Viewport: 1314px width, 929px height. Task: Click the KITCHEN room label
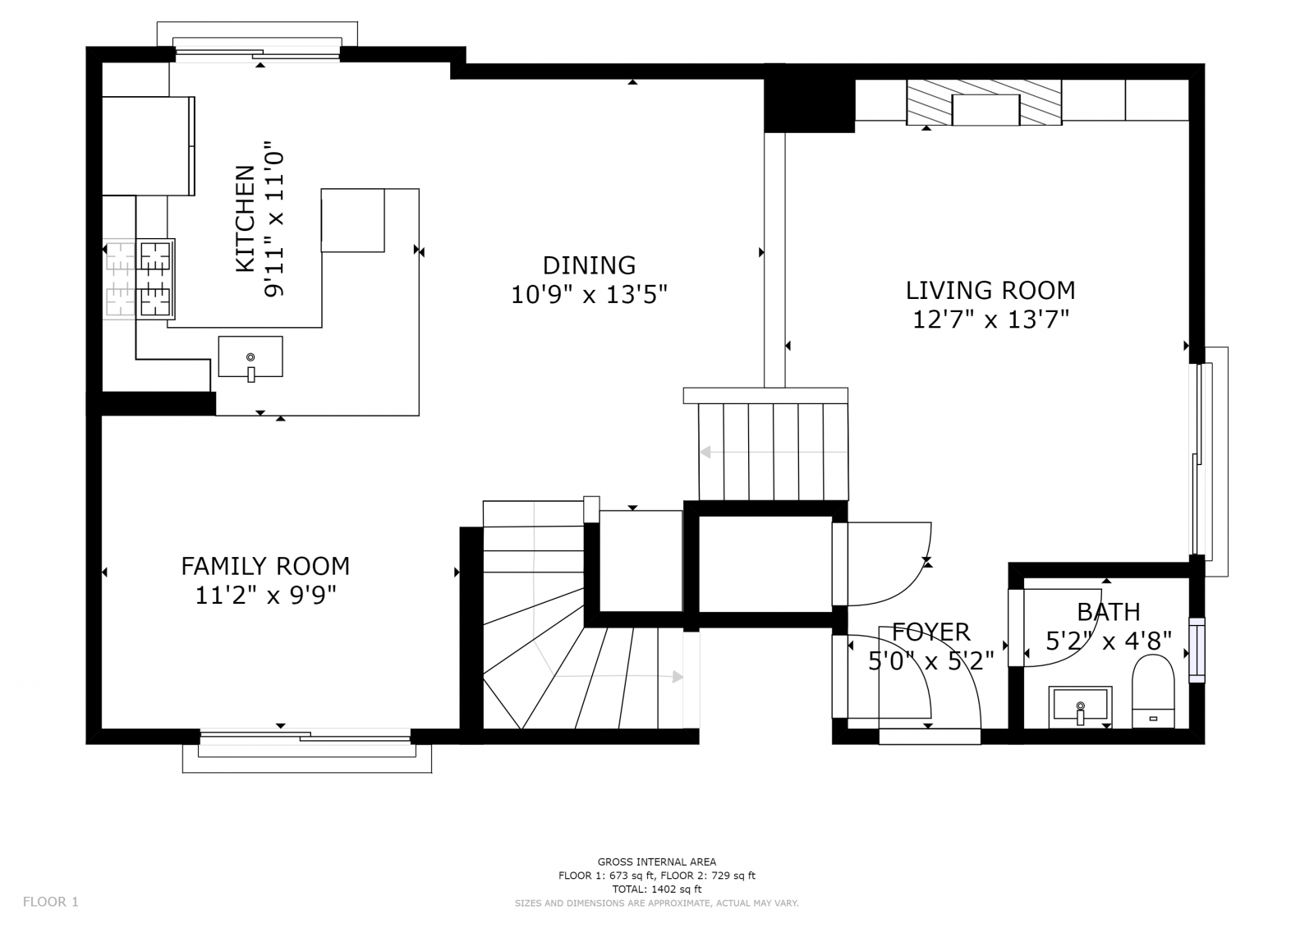pyautogui.click(x=246, y=218)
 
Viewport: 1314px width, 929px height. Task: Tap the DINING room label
pyautogui.click(x=589, y=266)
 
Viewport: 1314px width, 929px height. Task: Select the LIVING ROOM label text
pyautogui.click(x=990, y=291)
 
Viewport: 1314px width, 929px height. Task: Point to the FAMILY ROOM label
pyautogui.click(x=265, y=566)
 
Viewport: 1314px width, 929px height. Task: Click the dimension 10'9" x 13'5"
pyautogui.click(x=589, y=295)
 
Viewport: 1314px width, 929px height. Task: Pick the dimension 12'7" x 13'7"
pyautogui.click(x=990, y=320)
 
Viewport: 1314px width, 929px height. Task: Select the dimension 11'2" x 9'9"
pyautogui.click(x=265, y=596)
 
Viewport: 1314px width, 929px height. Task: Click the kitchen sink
pyautogui.click(x=250, y=356)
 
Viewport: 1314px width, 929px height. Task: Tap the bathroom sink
pyautogui.click(x=1080, y=706)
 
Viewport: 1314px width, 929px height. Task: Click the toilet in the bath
pyautogui.click(x=1153, y=692)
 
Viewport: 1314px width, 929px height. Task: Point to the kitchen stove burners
pyautogui.click(x=155, y=278)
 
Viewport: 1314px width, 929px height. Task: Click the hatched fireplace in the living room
pyautogui.click(x=984, y=103)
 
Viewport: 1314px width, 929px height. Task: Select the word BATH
pyautogui.click(x=1108, y=612)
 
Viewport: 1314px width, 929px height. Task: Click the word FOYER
pyautogui.click(x=931, y=632)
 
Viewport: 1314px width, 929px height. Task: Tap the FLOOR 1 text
pyautogui.click(x=50, y=902)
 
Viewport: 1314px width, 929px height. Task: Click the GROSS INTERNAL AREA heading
pyautogui.click(x=656, y=862)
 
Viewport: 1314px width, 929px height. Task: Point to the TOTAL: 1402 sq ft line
pyautogui.click(x=656, y=889)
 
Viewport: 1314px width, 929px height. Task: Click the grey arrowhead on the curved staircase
pyautogui.click(x=678, y=677)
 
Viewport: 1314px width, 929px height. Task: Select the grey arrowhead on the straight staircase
pyautogui.click(x=705, y=452)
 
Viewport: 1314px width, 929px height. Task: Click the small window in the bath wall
pyautogui.click(x=1197, y=650)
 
